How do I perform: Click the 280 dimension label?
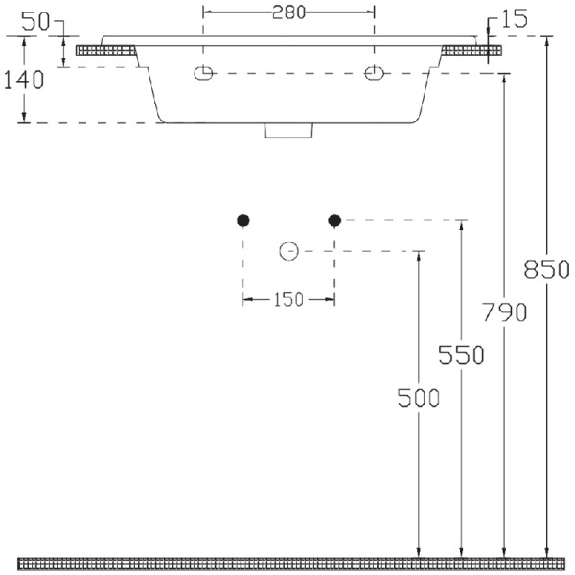[288, 12]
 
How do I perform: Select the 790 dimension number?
[505, 312]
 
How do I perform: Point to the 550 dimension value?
[462, 355]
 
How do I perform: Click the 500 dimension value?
[419, 398]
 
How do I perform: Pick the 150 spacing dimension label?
[288, 300]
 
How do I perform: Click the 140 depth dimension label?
[23, 80]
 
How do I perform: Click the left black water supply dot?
[243, 220]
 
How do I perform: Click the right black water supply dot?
[334, 220]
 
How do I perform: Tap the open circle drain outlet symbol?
[288, 252]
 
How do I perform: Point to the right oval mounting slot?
[373, 73]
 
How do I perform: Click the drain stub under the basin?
[288, 130]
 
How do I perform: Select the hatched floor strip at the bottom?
[287, 561]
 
